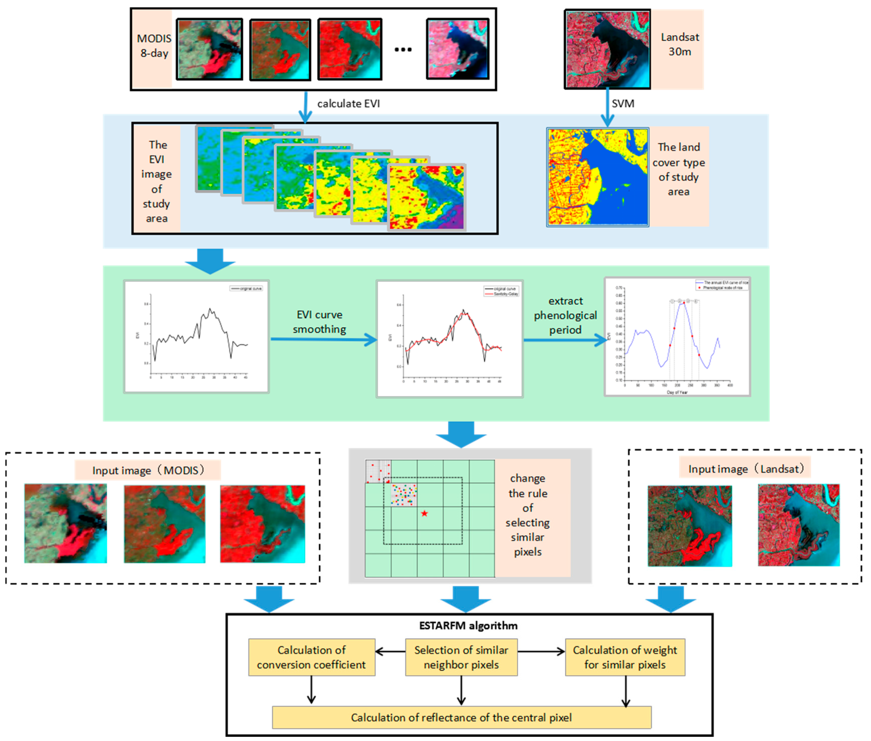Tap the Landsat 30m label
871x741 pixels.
pos(679,44)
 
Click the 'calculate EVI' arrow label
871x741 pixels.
pos(348,104)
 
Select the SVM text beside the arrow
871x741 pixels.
pos(623,104)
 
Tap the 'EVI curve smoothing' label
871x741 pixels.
pos(319,322)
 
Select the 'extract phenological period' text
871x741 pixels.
pos(565,315)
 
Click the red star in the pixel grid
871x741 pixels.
pos(424,513)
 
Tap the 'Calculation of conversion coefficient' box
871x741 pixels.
pos(311,657)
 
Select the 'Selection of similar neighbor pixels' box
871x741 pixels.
pos(461,657)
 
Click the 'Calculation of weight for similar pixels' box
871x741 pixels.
pos(625,657)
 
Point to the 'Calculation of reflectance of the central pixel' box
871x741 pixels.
pos(461,718)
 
